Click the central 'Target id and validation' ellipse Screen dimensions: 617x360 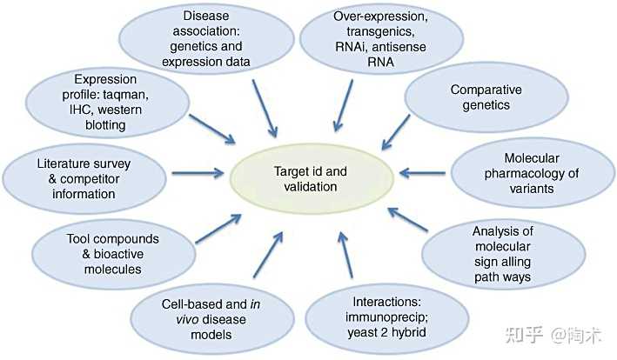[x=312, y=178]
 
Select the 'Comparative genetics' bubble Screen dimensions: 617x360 [x=486, y=97]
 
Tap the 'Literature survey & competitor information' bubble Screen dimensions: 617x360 [x=84, y=179]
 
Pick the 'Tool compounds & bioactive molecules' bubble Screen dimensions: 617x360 [x=113, y=254]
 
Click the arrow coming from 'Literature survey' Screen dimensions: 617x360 [x=198, y=173]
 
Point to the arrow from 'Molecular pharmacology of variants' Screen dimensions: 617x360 [x=422, y=173]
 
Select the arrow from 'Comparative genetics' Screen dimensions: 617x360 [x=395, y=132]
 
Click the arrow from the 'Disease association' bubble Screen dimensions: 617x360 [x=265, y=109]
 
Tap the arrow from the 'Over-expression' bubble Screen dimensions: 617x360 [x=343, y=106]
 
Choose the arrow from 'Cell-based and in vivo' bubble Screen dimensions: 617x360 [x=268, y=255]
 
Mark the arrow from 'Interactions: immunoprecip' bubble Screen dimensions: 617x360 [x=345, y=255]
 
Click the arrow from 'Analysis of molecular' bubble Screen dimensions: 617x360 [x=407, y=219]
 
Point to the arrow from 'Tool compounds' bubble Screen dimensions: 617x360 [x=218, y=229]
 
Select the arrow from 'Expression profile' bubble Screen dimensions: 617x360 [x=212, y=129]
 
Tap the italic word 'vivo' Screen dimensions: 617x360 [x=187, y=319]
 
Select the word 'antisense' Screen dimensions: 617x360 [x=399, y=47]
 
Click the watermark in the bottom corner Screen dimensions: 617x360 [x=553, y=335]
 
